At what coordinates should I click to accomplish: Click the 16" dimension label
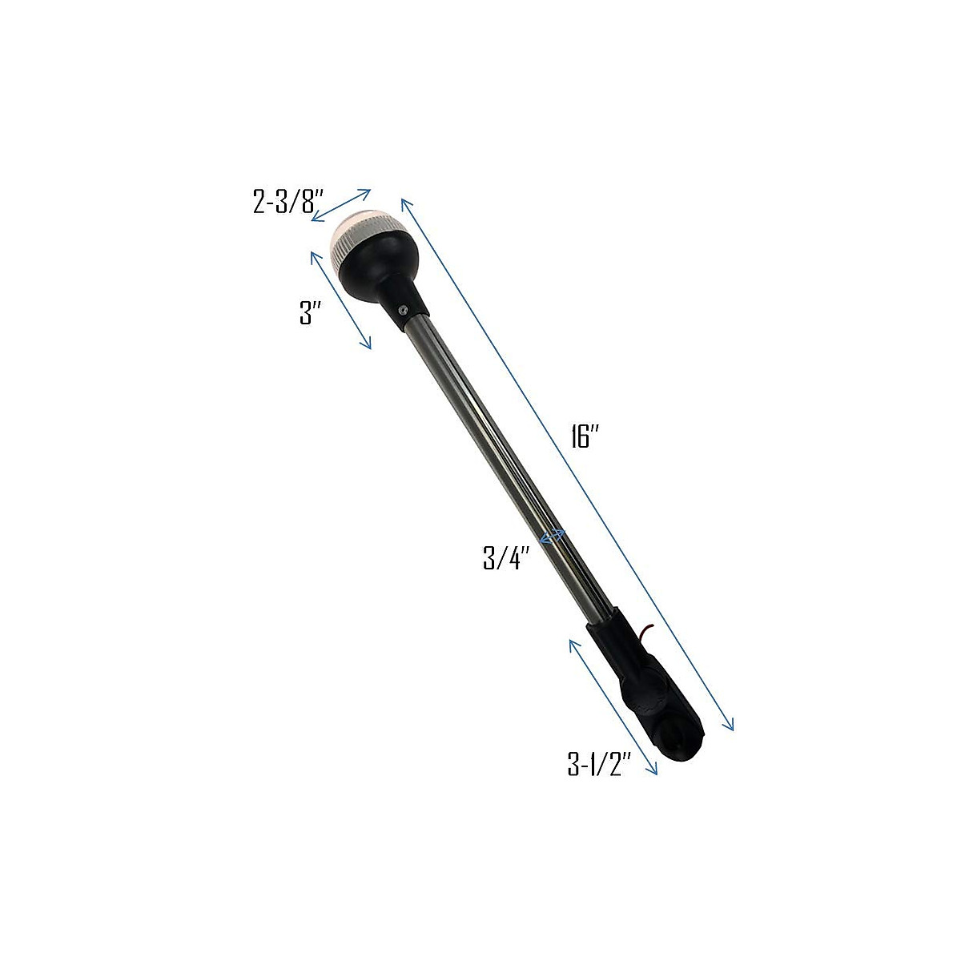(x=586, y=437)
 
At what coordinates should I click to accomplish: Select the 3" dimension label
(x=305, y=315)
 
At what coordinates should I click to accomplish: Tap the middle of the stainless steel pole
(x=505, y=472)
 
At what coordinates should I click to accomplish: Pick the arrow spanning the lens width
(x=341, y=204)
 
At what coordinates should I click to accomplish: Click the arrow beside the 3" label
(x=340, y=299)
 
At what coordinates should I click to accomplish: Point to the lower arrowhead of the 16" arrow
(x=730, y=726)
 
